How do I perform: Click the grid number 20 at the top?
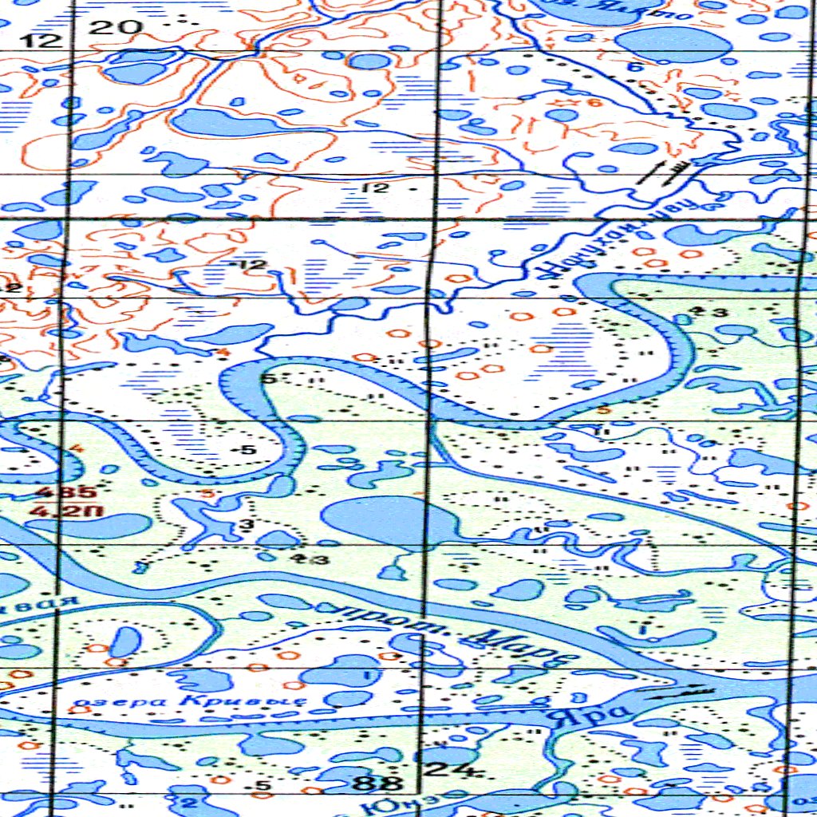click(116, 28)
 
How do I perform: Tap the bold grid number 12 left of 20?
click(40, 40)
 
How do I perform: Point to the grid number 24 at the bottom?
click(441, 769)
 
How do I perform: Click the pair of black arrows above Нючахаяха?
click(664, 172)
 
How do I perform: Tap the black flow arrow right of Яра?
click(681, 691)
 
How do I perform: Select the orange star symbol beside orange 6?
click(571, 102)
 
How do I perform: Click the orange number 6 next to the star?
click(592, 102)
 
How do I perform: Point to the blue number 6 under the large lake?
click(635, 68)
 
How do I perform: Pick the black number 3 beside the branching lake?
click(246, 523)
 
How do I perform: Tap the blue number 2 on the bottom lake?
click(189, 800)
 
